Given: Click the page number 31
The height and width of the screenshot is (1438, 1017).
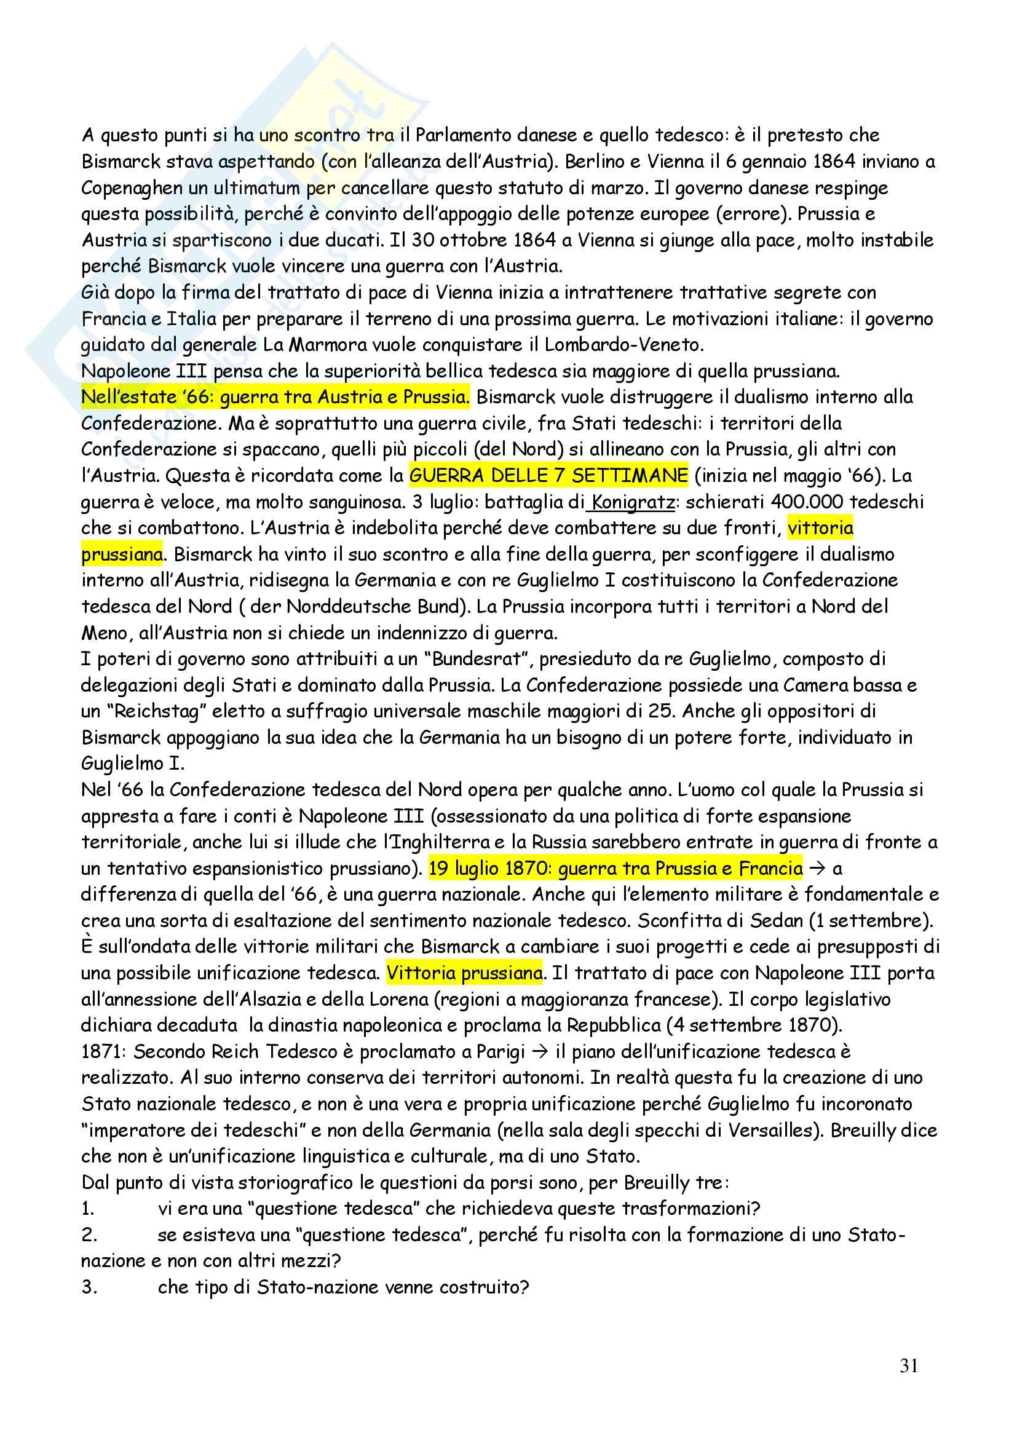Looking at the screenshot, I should click(x=909, y=1366).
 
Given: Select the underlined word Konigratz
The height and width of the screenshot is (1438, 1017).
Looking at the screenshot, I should click(x=633, y=502).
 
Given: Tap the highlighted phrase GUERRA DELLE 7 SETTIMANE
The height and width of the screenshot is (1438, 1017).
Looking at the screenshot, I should click(x=548, y=476).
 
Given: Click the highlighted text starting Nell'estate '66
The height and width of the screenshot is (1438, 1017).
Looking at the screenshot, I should click(x=275, y=397).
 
